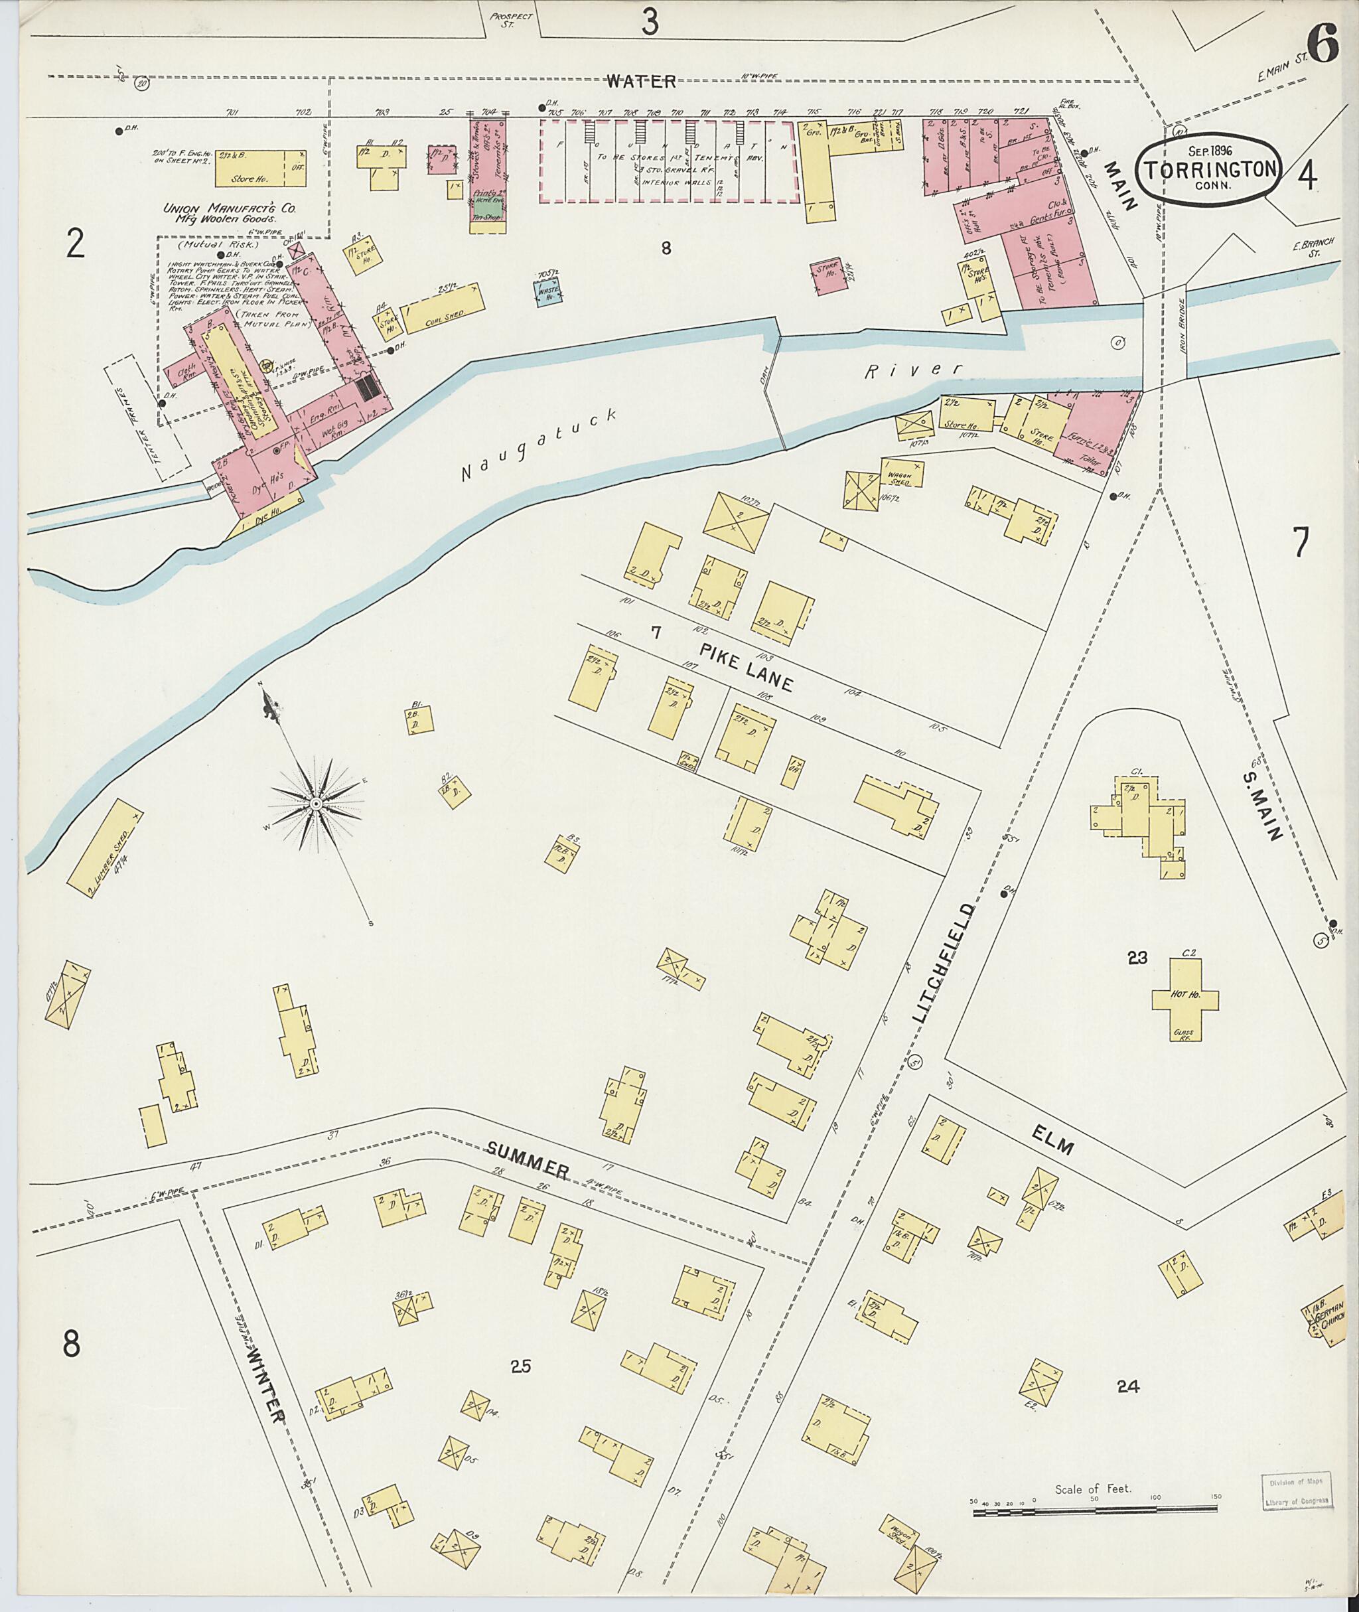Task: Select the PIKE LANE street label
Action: (745, 668)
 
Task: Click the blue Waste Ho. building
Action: (549, 293)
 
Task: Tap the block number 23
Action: (1137, 958)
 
